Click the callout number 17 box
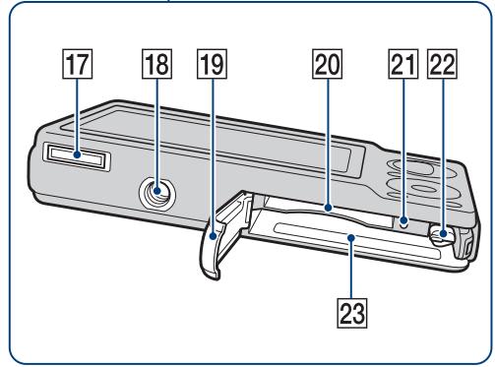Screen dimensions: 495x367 (x=78, y=64)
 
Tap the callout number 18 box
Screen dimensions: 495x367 (x=156, y=64)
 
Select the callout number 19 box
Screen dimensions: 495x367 (x=212, y=64)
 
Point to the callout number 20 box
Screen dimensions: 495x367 (x=328, y=64)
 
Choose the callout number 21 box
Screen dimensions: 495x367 (x=403, y=64)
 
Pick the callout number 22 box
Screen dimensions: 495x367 (x=442, y=64)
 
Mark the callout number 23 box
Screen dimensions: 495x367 (x=352, y=313)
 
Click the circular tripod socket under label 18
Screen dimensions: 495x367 (x=156, y=194)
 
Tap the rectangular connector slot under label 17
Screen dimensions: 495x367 (x=77, y=157)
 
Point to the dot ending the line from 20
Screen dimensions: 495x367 (x=328, y=208)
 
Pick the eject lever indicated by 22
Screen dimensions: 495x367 (x=441, y=234)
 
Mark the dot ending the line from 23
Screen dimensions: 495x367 (x=351, y=237)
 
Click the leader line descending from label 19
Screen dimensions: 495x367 (x=213, y=156)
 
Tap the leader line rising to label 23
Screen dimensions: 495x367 (x=351, y=269)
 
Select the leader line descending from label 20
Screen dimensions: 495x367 (x=328, y=142)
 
